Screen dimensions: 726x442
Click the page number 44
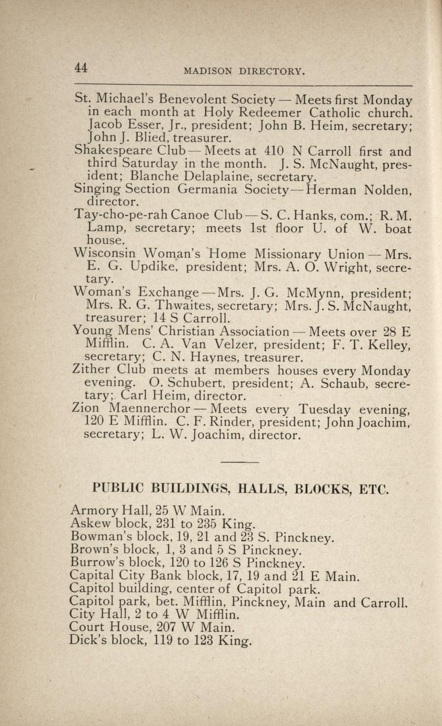81,67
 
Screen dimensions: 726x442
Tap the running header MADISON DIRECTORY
244,71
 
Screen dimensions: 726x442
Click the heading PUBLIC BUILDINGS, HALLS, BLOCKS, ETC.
240,489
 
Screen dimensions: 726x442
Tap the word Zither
91,369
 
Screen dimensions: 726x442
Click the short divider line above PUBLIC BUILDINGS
239,462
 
